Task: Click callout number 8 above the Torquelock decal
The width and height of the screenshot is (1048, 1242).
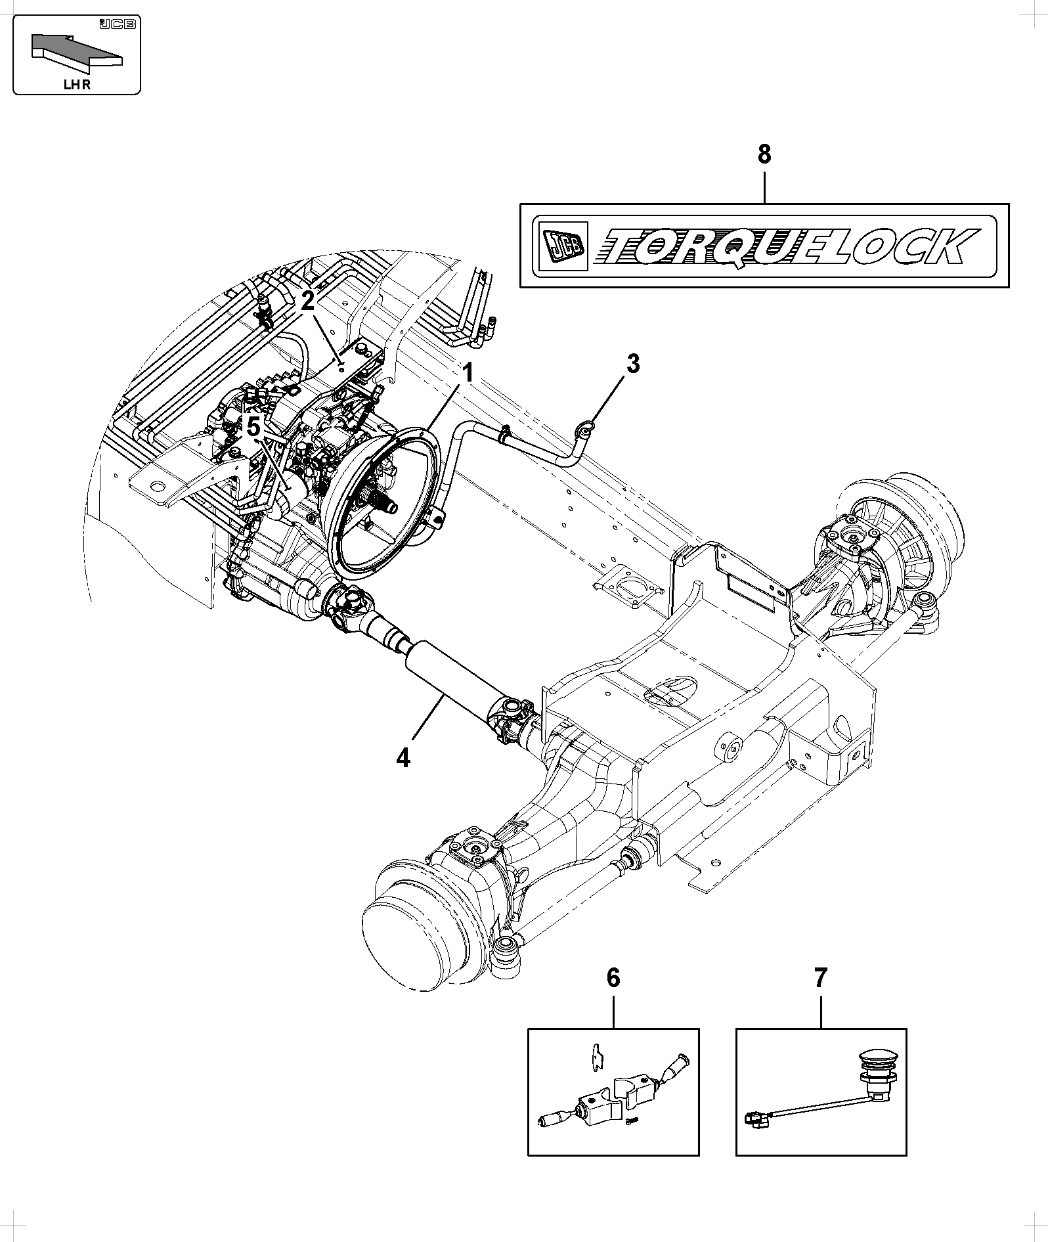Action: (764, 155)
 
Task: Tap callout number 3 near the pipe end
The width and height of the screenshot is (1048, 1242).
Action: (632, 363)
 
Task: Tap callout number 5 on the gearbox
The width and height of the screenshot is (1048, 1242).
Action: (253, 426)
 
